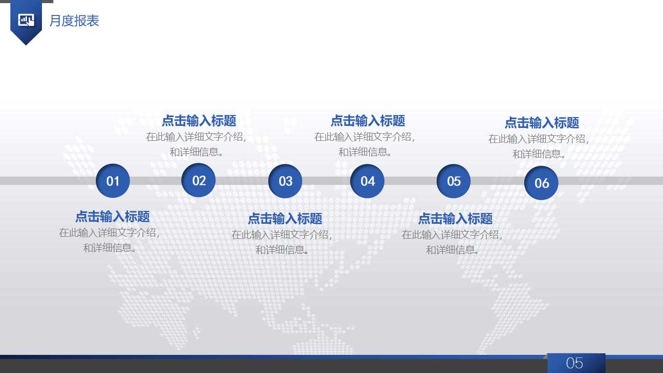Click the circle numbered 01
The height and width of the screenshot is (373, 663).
113,181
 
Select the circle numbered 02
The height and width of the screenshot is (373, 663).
199,180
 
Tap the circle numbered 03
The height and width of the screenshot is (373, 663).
285,181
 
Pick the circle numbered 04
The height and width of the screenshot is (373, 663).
367,181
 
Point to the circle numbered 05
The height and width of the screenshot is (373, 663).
454,181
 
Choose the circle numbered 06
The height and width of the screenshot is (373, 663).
541,183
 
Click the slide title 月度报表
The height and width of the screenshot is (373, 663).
74,21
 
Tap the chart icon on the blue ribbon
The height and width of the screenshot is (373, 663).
26,20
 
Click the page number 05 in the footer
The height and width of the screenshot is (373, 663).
574,363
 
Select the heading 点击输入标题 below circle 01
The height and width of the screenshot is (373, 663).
112,217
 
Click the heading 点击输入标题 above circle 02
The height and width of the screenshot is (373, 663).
199,121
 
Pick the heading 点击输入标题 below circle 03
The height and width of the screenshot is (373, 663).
285,219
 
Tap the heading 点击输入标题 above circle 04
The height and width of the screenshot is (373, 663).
368,121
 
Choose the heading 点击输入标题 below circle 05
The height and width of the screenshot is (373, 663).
455,219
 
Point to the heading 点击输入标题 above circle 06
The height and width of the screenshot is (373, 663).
542,123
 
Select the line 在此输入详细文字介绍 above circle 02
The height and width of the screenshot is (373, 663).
196,137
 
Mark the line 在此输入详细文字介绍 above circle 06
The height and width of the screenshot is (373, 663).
539,139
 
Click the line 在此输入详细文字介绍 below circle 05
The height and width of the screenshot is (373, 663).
452,234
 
